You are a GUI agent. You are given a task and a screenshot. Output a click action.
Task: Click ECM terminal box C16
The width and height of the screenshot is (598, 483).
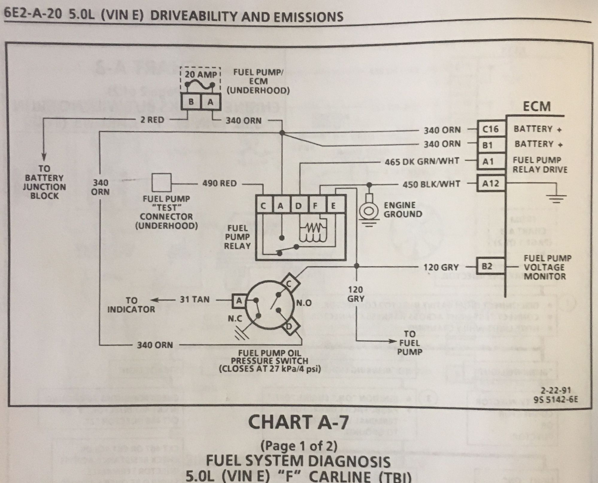pos(491,129)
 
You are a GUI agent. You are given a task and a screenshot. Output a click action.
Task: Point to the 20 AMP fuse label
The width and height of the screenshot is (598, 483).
pos(200,74)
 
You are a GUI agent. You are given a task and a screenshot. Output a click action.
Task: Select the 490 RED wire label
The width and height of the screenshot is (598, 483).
pos(219,183)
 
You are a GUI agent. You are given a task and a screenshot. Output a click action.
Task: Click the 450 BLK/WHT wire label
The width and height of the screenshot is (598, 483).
pos(431,184)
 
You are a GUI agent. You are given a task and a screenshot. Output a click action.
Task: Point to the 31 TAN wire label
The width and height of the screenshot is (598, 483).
pos(195,299)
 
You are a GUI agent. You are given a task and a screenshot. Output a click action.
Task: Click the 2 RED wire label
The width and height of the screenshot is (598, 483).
pos(152,120)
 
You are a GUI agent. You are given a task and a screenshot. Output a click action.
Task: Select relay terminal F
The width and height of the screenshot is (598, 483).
pos(315,206)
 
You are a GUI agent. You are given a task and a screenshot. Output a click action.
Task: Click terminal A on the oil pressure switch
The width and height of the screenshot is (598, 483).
pos(239,300)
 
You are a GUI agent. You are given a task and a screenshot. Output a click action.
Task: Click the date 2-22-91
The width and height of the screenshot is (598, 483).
pos(556,390)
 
